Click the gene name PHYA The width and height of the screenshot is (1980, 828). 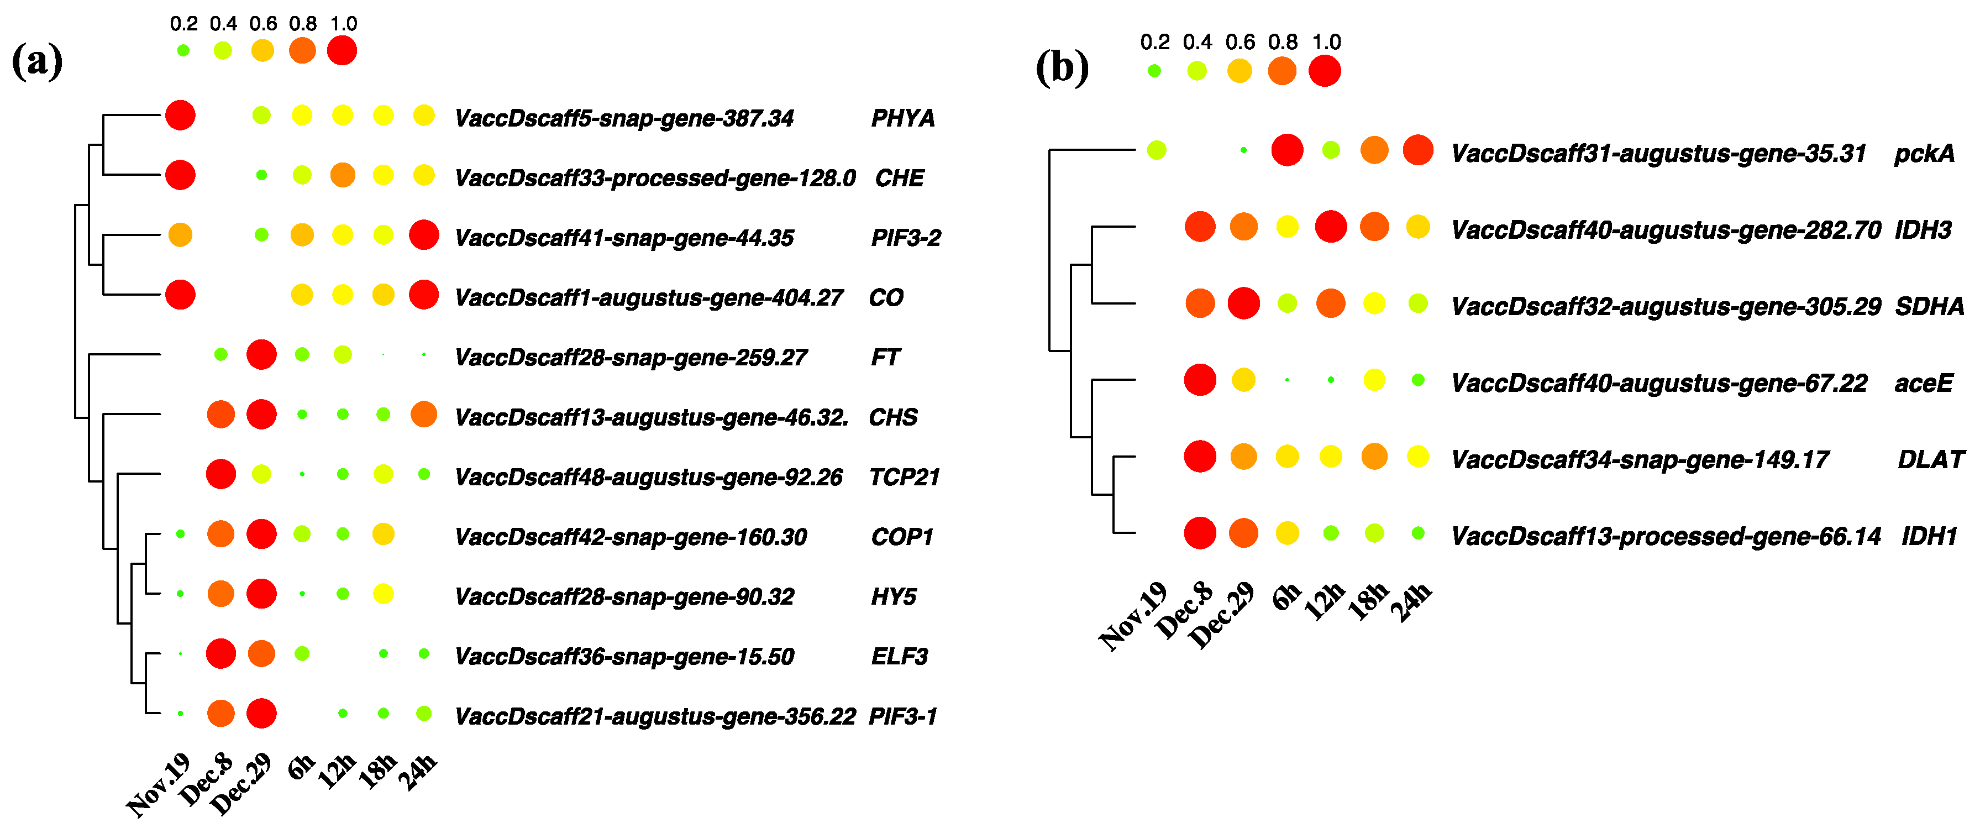(902, 118)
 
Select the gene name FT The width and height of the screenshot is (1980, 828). (885, 358)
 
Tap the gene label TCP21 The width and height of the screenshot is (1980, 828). (904, 478)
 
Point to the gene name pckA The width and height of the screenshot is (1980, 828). (1924, 154)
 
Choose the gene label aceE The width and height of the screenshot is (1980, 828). (1923, 383)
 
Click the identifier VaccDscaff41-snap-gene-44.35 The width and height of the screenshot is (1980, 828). (624, 238)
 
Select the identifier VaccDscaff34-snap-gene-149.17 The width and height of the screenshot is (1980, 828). (1640, 460)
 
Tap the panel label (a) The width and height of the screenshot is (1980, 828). (37, 61)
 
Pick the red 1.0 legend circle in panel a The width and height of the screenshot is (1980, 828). (342, 51)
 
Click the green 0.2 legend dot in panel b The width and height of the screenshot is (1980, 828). (1154, 71)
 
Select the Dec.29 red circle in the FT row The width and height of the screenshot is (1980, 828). (261, 354)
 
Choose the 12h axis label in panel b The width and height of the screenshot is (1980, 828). (1325, 602)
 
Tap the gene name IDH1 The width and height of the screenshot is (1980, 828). (1929, 536)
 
